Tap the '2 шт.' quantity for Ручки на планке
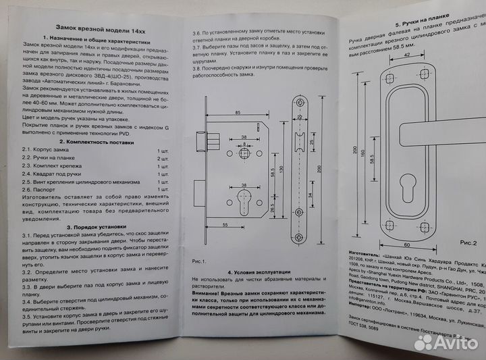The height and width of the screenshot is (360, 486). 162,157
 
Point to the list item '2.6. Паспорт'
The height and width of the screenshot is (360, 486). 43,191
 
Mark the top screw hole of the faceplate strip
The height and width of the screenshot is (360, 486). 298,103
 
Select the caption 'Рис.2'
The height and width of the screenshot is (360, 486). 468,240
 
